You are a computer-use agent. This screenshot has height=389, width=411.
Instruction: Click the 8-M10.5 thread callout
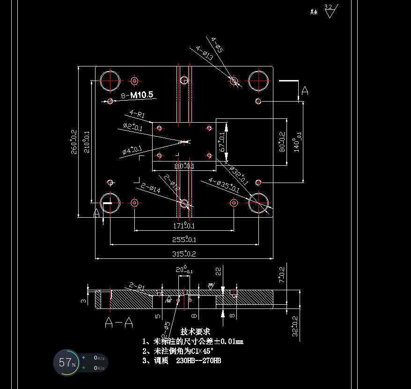pyautogui.click(x=137, y=95)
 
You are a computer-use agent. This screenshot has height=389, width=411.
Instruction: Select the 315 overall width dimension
pyautogui.click(x=184, y=254)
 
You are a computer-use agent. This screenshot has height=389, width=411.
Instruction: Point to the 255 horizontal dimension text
pyautogui.click(x=184, y=240)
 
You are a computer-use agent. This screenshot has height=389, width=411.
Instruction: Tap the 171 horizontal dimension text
pyautogui.click(x=184, y=226)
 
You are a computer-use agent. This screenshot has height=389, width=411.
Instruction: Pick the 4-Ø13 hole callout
pyautogui.click(x=205, y=52)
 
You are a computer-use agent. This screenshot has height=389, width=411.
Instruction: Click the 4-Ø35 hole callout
pyautogui.click(x=224, y=186)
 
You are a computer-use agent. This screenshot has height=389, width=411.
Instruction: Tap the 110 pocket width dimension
pyautogui.click(x=184, y=166)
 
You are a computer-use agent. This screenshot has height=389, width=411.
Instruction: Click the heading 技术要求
pyautogui.click(x=195, y=331)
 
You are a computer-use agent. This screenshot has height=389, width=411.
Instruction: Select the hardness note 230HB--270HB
pyautogui.click(x=198, y=361)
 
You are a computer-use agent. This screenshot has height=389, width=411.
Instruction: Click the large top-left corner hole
pyautogui.click(x=110, y=81)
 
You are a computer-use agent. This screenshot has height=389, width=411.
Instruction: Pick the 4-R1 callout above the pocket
pyautogui.click(x=137, y=113)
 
